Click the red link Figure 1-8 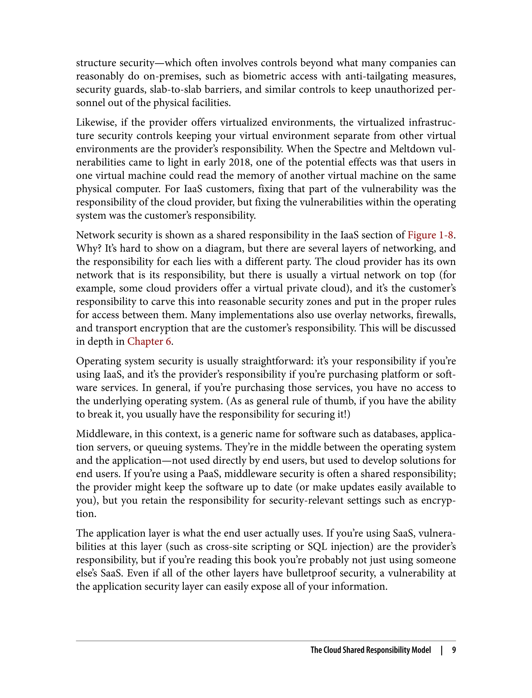tap(430, 235)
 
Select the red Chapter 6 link tap(149, 341)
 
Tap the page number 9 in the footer tap(454, 650)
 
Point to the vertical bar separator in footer tap(441, 650)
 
